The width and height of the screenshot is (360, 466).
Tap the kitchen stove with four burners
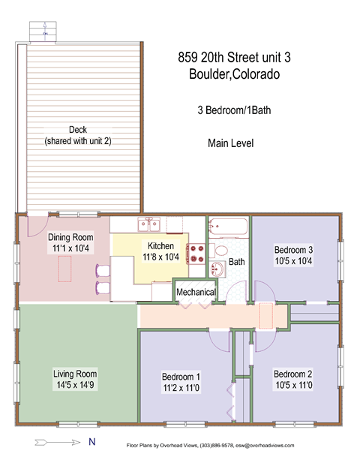pos(196,254)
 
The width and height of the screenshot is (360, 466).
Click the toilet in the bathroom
pos(223,250)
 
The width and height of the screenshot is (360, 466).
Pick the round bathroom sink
pos(218,270)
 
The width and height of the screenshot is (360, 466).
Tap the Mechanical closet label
pos(196,292)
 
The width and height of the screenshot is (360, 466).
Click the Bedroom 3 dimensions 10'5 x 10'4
pos(293,262)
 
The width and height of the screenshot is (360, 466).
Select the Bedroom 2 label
pos(293,374)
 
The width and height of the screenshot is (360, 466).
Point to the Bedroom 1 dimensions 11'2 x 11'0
pos(182,388)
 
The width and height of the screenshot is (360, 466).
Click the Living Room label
pos(75,374)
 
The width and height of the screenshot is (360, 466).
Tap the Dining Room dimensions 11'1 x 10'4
pos(64,248)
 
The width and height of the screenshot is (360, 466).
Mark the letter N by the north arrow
pos(91,442)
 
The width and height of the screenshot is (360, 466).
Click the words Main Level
pos(231,143)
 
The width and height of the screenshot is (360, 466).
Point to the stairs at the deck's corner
pos(42,31)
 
